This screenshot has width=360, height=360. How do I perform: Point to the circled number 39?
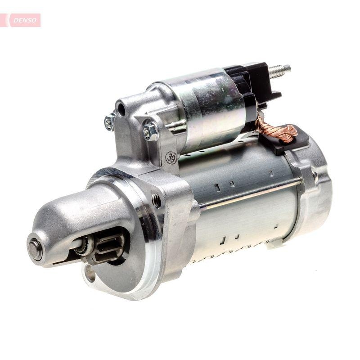171,157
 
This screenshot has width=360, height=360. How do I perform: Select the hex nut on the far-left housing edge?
109,121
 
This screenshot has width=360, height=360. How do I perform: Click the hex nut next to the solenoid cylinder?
150,131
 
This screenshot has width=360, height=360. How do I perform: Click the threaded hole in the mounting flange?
156,200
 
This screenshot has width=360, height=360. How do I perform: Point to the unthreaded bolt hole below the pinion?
90,273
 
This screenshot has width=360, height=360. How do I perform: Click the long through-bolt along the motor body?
252,193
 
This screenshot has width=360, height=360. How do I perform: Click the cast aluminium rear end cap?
315,189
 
